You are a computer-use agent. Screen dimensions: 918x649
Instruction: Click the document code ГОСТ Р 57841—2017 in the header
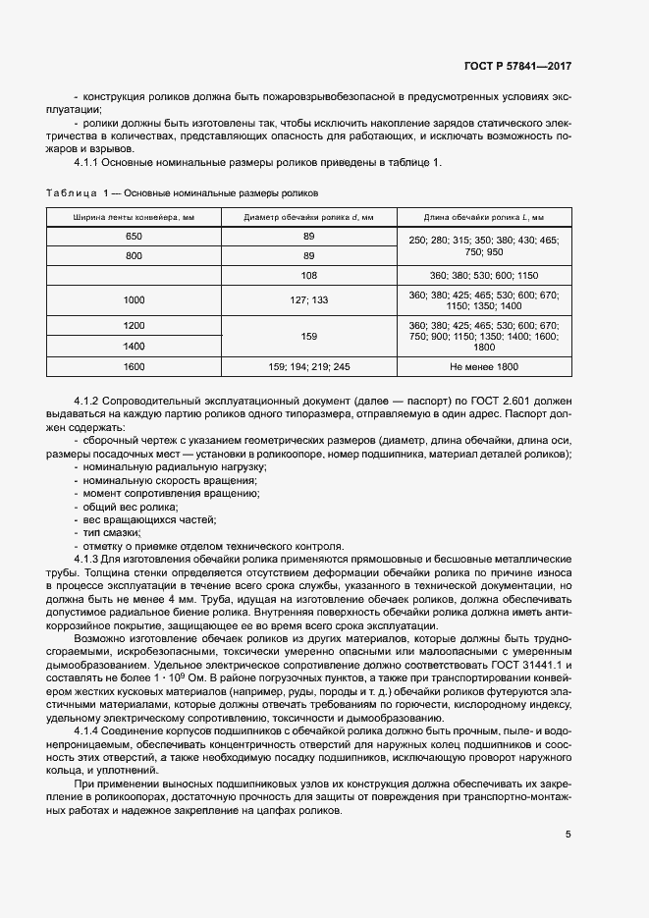point(517,67)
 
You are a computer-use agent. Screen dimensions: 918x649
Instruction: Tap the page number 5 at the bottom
point(568,835)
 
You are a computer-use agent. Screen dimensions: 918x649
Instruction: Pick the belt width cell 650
point(134,238)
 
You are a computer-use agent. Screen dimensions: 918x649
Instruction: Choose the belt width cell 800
point(134,256)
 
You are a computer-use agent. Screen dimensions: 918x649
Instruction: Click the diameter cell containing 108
point(308,276)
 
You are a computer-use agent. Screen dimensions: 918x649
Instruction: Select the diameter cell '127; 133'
point(308,299)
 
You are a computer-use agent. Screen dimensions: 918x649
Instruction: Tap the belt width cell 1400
point(134,347)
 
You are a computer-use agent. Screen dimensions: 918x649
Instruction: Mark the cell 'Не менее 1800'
point(483,367)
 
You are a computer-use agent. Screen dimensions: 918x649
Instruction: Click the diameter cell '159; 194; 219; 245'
point(308,367)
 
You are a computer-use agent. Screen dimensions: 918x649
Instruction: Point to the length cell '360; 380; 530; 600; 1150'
point(483,276)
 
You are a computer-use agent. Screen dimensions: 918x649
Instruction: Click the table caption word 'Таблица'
point(72,192)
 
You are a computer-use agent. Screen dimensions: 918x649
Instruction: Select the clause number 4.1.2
point(89,403)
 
